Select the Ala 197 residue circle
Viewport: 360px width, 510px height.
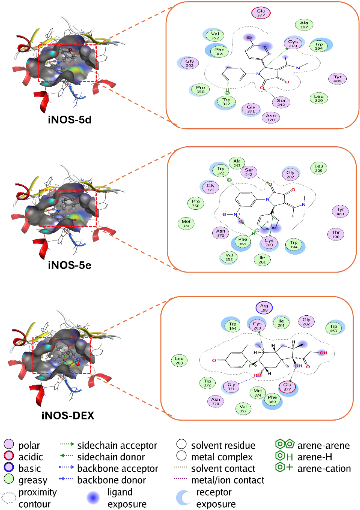coord(304,25)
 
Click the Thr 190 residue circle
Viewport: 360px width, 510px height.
coord(335,234)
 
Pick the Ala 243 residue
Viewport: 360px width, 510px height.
coord(237,163)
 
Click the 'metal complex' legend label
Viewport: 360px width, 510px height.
coord(222,457)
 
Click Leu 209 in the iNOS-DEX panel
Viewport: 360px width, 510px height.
coord(180,360)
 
